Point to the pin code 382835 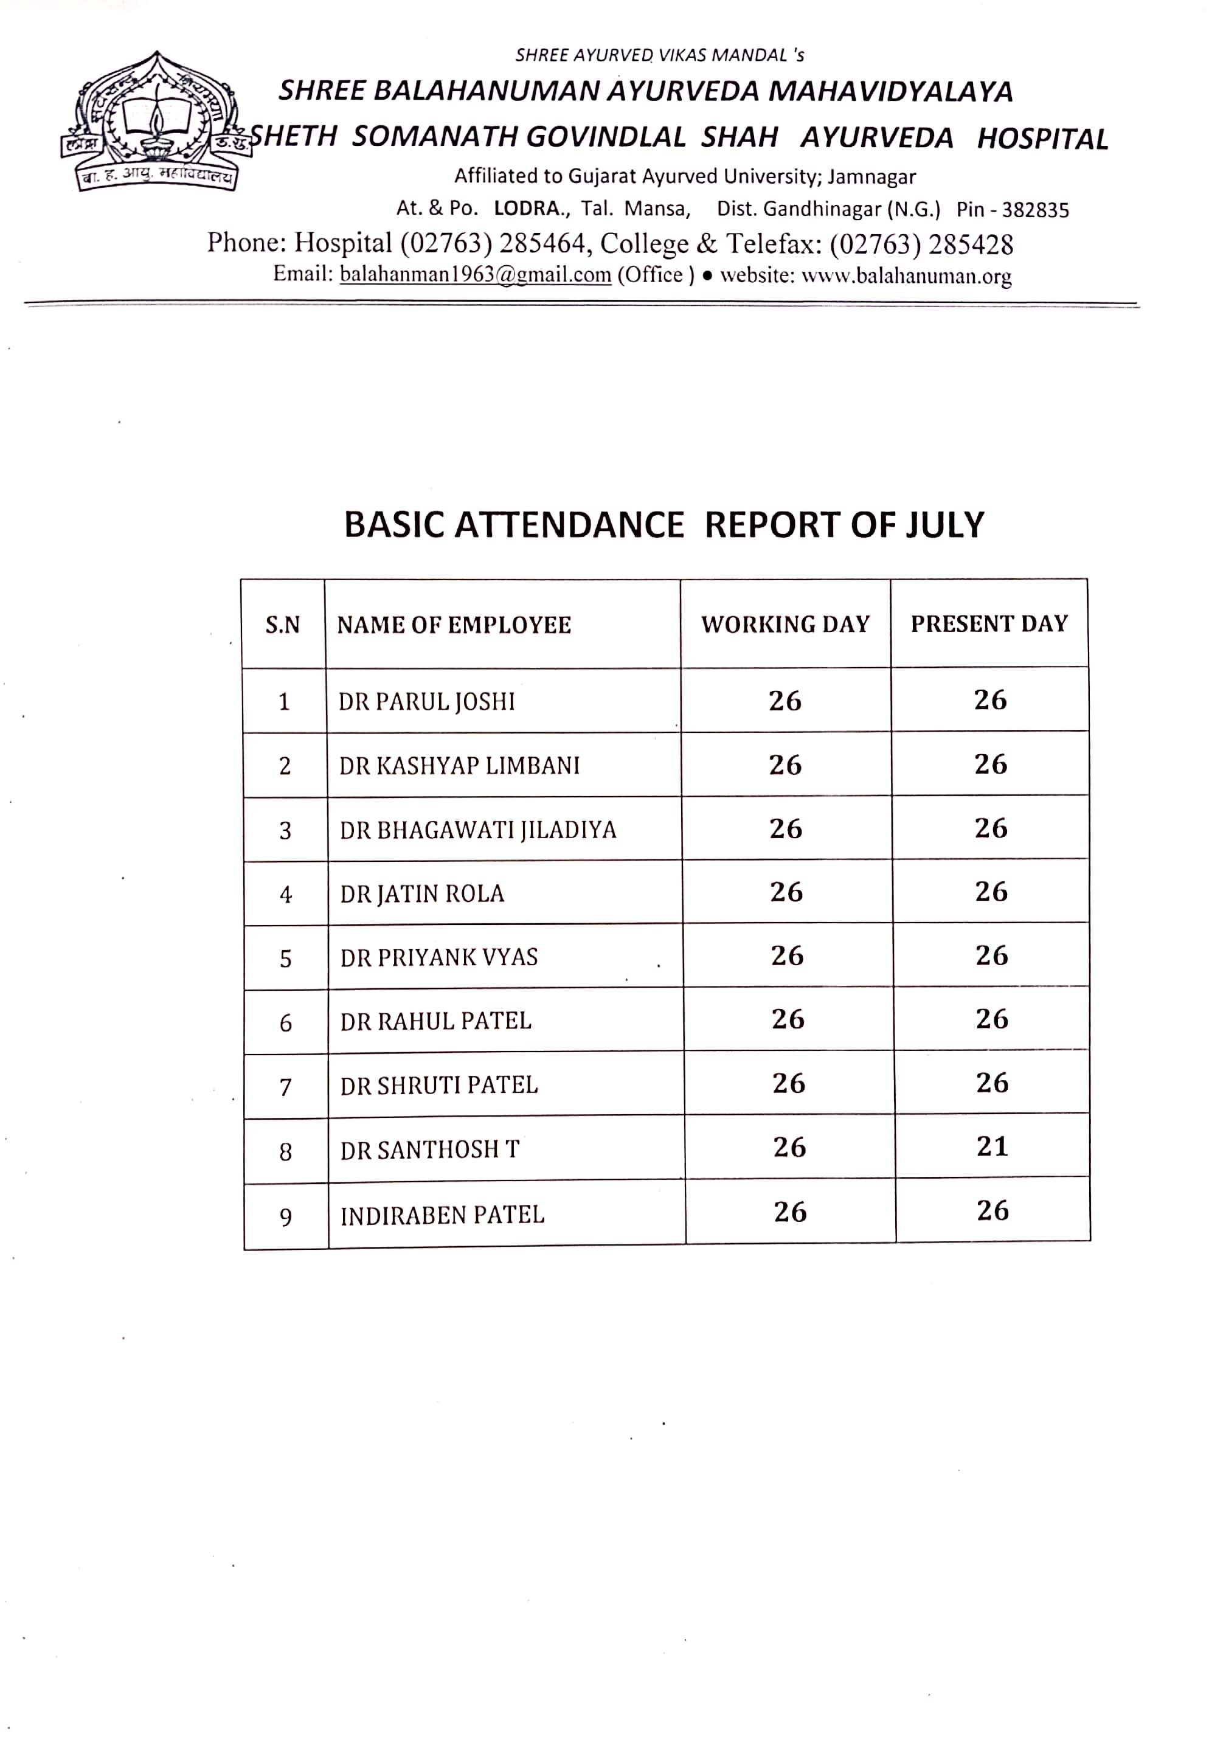tap(1035, 210)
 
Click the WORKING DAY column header tap(785, 624)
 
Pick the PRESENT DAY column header tap(989, 623)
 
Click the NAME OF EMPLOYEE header tap(454, 625)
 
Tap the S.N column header tap(282, 625)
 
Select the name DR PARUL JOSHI tap(426, 701)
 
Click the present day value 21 tap(992, 1146)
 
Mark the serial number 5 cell tap(285, 959)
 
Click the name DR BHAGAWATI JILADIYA tap(477, 830)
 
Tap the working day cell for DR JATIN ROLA tap(786, 892)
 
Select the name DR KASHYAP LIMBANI tap(459, 766)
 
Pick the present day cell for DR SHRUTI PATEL tap(992, 1083)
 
